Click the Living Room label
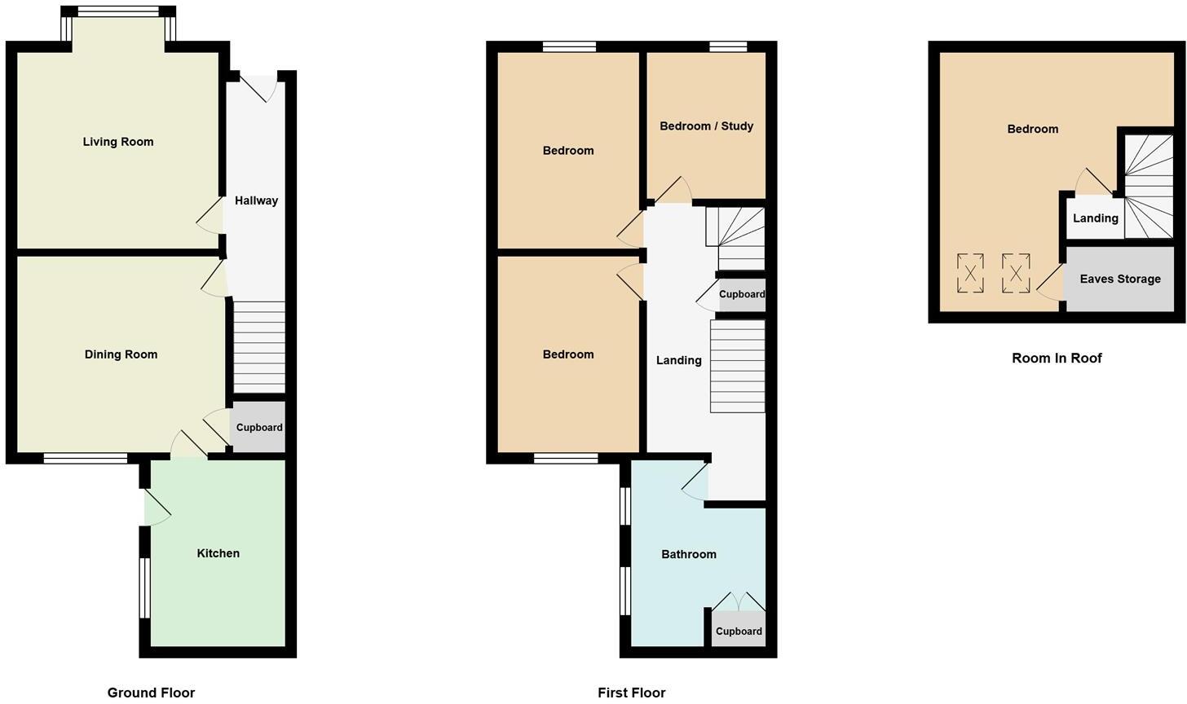[118, 142]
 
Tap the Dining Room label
[121, 354]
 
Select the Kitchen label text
[218, 553]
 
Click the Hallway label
[256, 200]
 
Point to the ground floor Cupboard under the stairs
[259, 427]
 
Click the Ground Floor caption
[151, 693]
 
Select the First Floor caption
[631, 693]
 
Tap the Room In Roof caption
[1057, 358]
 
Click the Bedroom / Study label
[706, 126]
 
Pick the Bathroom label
[689, 554]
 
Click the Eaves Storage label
[1120, 279]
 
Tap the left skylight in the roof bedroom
[970, 273]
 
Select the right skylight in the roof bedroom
[1016, 273]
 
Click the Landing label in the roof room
[1095, 218]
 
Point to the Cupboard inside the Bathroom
[739, 631]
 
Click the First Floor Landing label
[678, 360]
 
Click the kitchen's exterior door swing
[157, 508]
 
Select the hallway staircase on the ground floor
[260, 347]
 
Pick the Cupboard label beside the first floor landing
[742, 294]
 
